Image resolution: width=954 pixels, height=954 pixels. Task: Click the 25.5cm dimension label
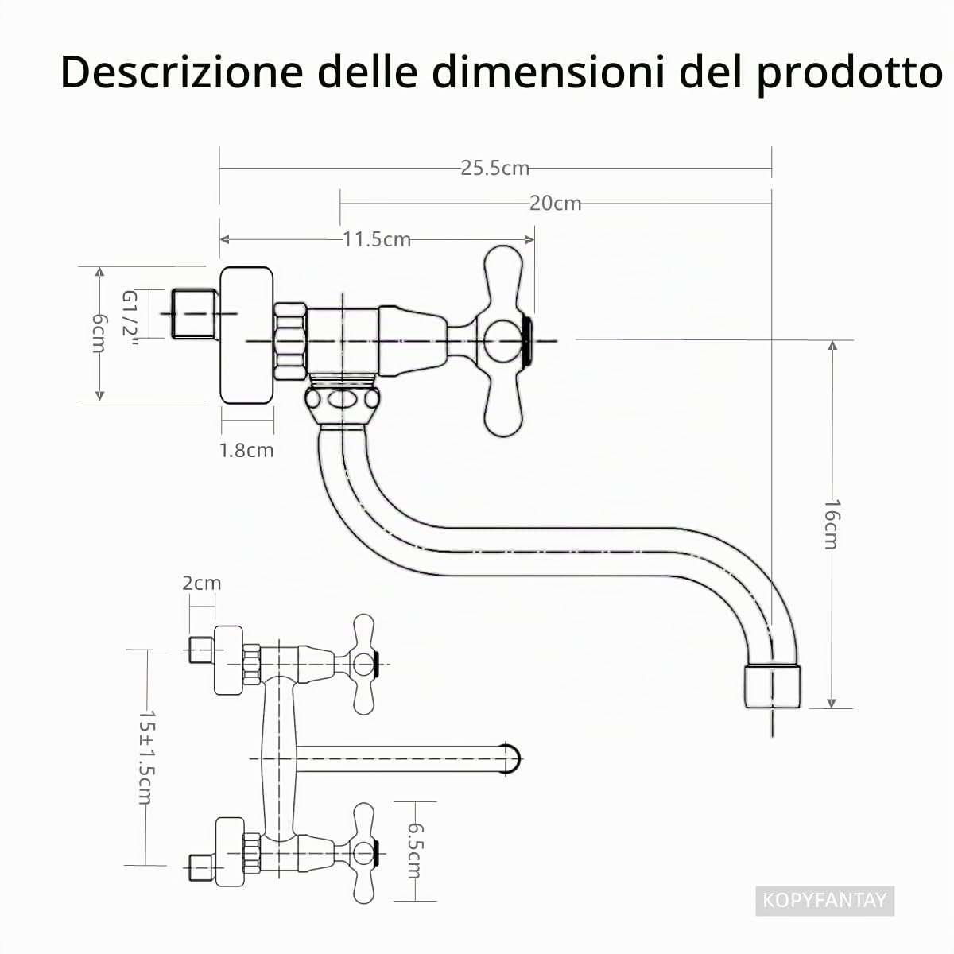tap(494, 169)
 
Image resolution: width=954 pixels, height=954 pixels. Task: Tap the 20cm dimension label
tap(555, 204)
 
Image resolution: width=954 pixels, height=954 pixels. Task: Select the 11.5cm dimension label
tap(377, 239)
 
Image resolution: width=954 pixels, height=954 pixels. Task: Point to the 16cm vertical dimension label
tap(832, 524)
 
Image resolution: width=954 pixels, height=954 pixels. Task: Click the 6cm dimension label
tap(99, 334)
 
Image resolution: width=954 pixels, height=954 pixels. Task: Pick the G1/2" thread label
tap(130, 318)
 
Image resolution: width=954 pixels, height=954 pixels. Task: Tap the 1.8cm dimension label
tap(246, 451)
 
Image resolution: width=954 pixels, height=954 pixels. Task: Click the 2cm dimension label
tap(201, 584)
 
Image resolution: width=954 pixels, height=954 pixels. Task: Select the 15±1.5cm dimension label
tap(146, 757)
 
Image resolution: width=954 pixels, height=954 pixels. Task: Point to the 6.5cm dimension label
tap(414, 850)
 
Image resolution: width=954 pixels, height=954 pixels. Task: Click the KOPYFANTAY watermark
tap(824, 899)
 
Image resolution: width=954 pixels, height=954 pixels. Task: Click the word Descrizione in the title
tap(182, 72)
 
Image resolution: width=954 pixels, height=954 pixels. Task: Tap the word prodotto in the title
tap(850, 74)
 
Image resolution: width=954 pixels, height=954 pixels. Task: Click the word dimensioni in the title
tap(548, 72)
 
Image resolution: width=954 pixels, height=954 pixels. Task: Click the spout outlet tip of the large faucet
tap(772, 687)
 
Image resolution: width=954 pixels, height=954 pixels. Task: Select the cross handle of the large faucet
tap(503, 341)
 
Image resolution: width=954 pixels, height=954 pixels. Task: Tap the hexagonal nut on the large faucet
tap(290, 342)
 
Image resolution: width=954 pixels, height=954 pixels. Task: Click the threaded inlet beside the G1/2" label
tap(194, 314)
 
